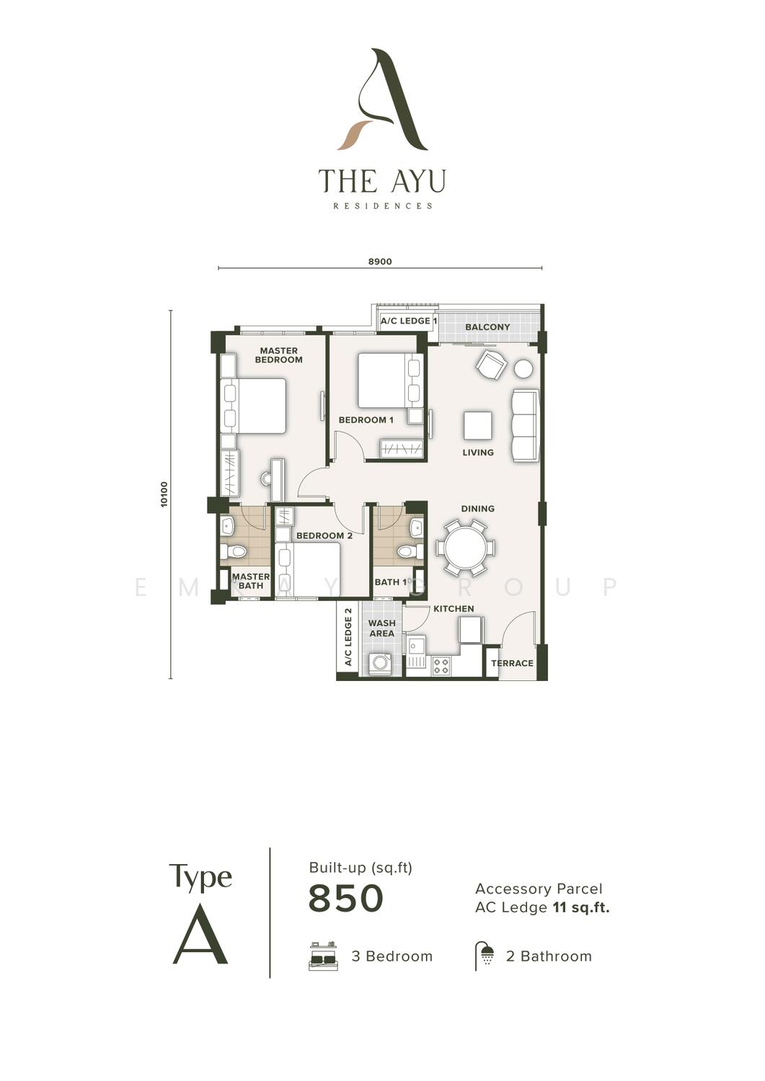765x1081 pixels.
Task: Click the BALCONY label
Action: (487, 327)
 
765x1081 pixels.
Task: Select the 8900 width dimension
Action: (380, 262)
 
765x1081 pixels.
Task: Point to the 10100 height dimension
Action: (164, 494)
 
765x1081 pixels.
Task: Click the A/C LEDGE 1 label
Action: (409, 321)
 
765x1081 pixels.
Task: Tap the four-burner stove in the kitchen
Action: (441, 667)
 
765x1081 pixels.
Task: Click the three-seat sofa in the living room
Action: (525, 426)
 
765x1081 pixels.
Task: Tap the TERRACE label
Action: (512, 663)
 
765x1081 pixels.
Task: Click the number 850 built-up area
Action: (346, 898)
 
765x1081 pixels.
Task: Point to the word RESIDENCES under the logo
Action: (382, 206)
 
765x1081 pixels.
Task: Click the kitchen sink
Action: (415, 651)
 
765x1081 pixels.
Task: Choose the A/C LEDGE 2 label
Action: (348, 637)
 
